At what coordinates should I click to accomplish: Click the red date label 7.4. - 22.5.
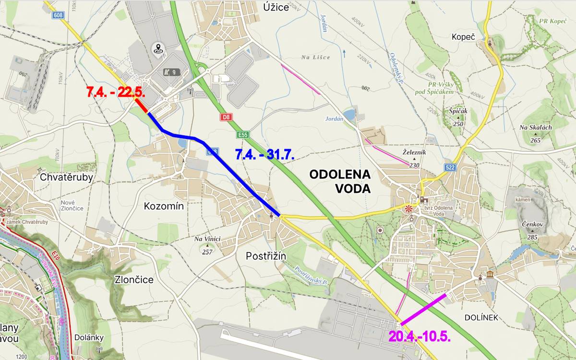(x=116, y=92)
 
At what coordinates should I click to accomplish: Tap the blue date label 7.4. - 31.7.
(x=264, y=155)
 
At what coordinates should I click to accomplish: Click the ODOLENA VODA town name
(x=340, y=181)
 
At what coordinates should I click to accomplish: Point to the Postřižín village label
(x=265, y=256)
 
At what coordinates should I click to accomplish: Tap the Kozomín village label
(x=164, y=206)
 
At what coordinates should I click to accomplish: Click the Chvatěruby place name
(x=66, y=177)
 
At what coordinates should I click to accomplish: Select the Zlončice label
(x=134, y=280)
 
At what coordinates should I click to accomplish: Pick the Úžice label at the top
(x=277, y=7)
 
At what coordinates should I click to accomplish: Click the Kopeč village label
(x=463, y=36)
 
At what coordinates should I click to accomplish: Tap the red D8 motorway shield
(x=226, y=117)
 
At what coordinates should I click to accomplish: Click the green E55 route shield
(x=242, y=135)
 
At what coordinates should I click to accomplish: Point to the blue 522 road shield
(x=450, y=168)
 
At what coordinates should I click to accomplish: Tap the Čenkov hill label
(x=531, y=224)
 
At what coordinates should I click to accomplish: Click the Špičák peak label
(x=458, y=110)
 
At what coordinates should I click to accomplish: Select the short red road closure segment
(x=141, y=106)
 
